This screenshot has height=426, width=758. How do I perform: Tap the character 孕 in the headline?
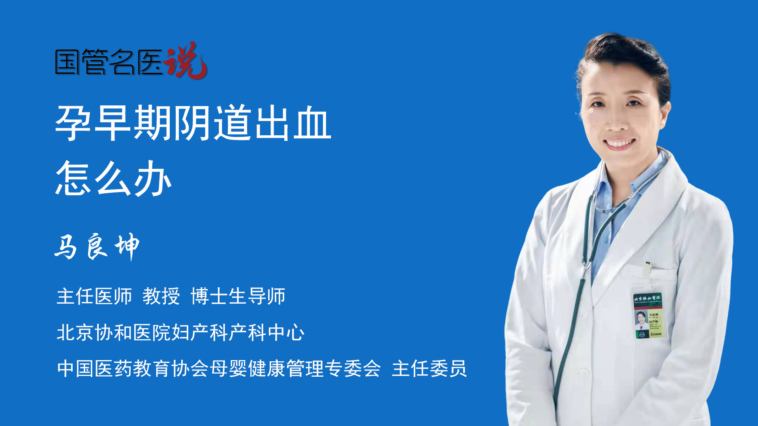(74, 123)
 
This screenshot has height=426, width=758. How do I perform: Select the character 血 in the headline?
(312, 123)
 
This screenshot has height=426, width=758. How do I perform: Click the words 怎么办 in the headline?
(114, 179)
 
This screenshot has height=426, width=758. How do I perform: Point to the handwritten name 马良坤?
(97, 247)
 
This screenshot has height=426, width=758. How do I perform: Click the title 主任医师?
(94, 296)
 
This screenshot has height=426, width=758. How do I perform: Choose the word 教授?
(161, 296)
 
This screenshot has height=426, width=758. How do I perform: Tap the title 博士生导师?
(238, 296)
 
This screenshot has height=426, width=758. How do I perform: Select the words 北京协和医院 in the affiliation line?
(114, 333)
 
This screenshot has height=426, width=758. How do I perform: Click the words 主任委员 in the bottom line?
(429, 369)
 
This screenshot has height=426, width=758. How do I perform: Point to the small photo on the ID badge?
(641, 318)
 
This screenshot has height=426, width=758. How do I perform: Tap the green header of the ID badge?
(648, 298)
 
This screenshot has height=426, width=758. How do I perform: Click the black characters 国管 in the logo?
(81, 62)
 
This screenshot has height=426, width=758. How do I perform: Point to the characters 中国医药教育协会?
(133, 369)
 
